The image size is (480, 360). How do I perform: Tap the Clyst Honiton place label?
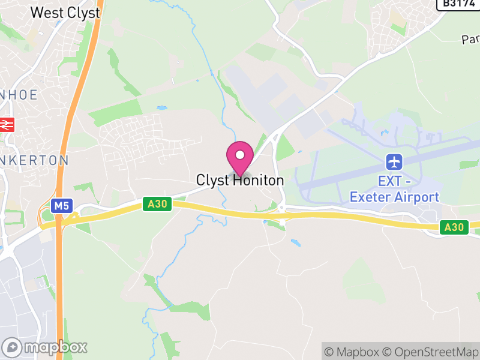[x=240, y=180]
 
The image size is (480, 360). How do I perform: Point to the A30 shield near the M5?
[x=158, y=205]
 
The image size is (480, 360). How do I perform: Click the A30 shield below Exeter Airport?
[x=454, y=227]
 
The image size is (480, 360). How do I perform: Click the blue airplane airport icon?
[x=394, y=161]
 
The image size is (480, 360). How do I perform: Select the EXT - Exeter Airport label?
[x=394, y=188]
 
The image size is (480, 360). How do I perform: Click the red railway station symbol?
[x=7, y=124]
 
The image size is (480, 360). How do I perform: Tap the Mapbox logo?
[x=45, y=347]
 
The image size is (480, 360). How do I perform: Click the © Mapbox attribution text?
[x=352, y=352]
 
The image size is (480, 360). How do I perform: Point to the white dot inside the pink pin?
[x=240, y=155]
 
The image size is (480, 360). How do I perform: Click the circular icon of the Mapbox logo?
[x=13, y=347]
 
